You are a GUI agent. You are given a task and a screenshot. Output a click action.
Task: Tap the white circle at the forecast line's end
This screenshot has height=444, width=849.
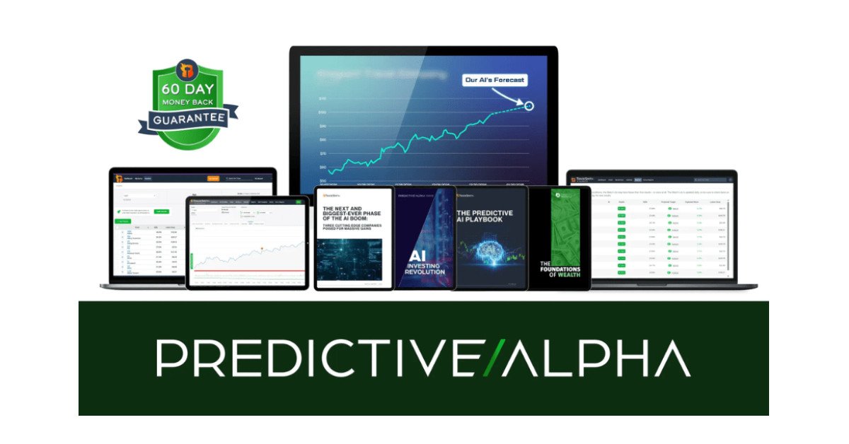click(x=529, y=106)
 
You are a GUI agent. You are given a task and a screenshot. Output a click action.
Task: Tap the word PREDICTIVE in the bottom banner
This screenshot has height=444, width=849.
click(x=315, y=358)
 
